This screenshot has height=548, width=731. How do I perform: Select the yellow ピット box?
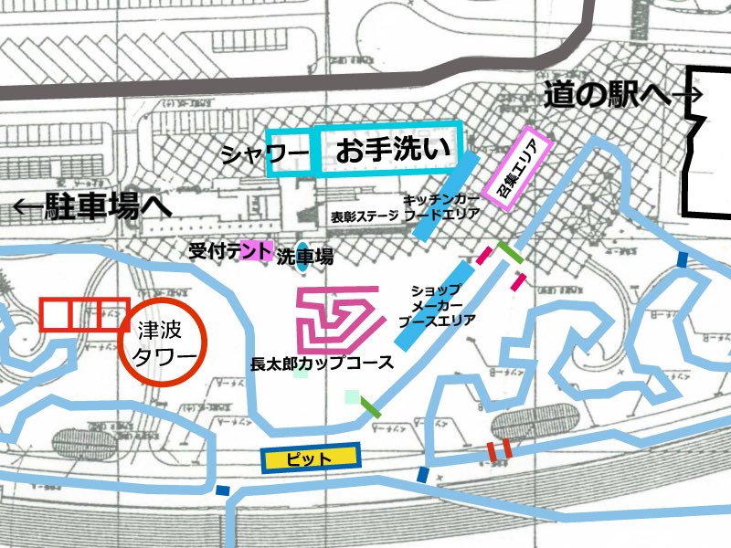pyautogui.click(x=311, y=458)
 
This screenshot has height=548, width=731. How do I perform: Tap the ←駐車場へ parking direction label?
pyautogui.click(x=90, y=207)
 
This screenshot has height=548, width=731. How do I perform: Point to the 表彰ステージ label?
pyautogui.click(x=365, y=217)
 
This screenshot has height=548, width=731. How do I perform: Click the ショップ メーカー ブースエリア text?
pyautogui.click(x=437, y=305)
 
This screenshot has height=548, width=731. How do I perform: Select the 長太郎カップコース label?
pyautogui.click(x=322, y=363)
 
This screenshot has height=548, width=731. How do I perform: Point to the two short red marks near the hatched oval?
pyautogui.click(x=498, y=448)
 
